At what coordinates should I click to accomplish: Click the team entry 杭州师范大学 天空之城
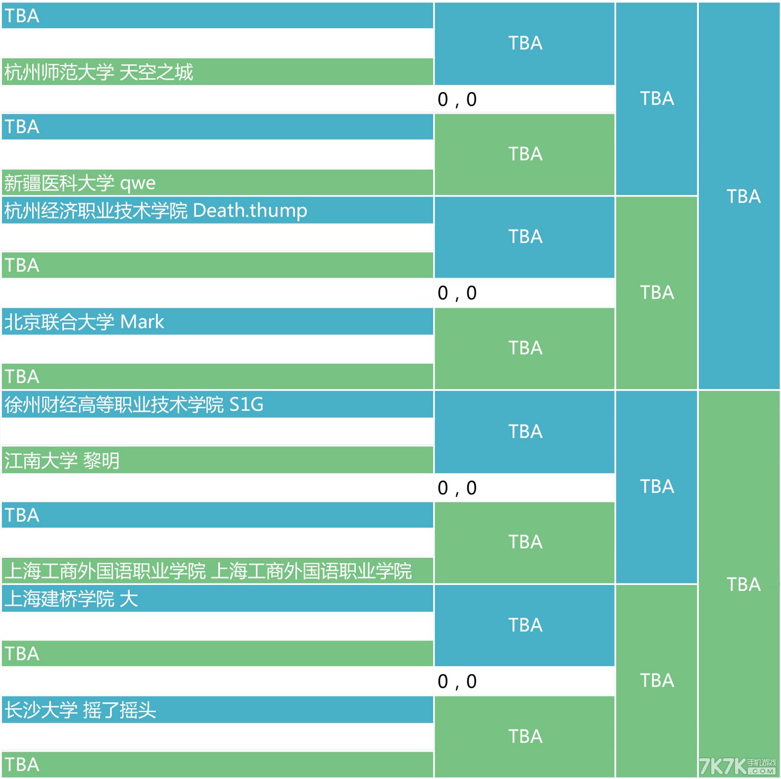(98, 72)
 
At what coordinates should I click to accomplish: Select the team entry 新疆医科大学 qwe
(80, 183)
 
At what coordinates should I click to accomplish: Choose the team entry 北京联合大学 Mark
(84, 322)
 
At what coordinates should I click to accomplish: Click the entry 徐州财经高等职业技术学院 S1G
(134, 405)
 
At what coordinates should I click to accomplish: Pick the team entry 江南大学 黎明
(62, 461)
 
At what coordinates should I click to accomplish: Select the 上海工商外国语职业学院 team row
(208, 571)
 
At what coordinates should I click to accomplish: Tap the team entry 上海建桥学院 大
(71, 599)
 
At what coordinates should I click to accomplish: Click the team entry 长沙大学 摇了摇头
(80, 710)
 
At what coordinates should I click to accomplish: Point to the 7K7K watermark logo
(737, 767)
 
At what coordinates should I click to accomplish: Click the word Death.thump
(250, 211)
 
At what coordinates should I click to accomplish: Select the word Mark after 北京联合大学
(142, 322)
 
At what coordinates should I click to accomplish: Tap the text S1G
(246, 405)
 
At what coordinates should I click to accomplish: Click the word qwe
(138, 183)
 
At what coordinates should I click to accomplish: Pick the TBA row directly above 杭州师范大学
(217, 16)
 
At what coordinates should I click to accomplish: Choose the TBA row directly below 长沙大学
(217, 765)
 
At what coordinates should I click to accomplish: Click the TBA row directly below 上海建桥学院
(217, 654)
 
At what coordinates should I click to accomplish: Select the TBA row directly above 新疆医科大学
(217, 127)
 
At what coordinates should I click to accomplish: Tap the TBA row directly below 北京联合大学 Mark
(217, 377)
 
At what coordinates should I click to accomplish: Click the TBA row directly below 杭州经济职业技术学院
(217, 265)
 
